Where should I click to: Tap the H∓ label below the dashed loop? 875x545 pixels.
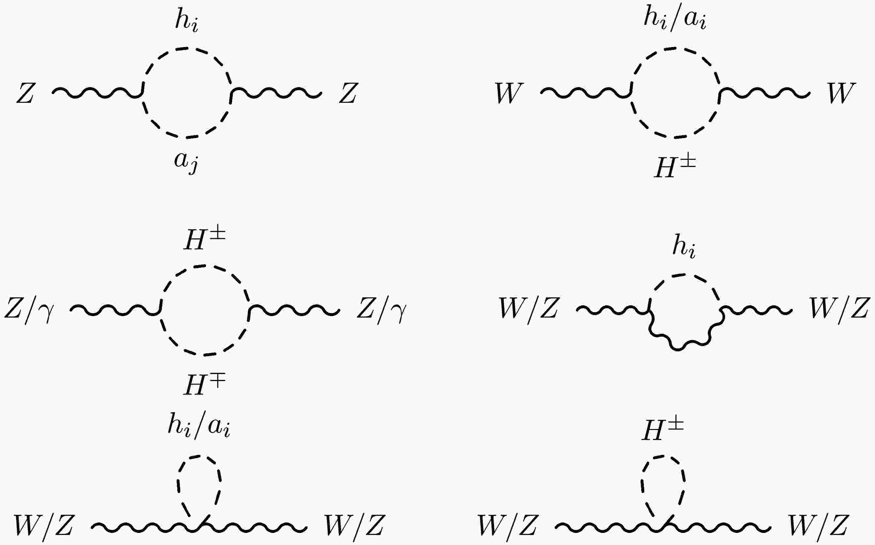pyautogui.click(x=204, y=385)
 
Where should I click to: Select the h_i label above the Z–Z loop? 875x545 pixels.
pyautogui.click(x=187, y=21)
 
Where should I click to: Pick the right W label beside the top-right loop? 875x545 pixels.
pyautogui.click(x=841, y=93)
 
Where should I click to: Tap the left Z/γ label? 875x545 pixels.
pyautogui.click(x=29, y=310)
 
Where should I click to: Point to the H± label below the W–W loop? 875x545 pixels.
pyautogui.click(x=675, y=168)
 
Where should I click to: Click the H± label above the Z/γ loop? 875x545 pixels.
pyautogui.click(x=204, y=239)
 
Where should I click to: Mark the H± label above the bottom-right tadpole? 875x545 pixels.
pyautogui.click(x=663, y=430)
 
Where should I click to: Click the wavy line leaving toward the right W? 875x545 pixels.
pyautogui.click(x=764, y=93)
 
